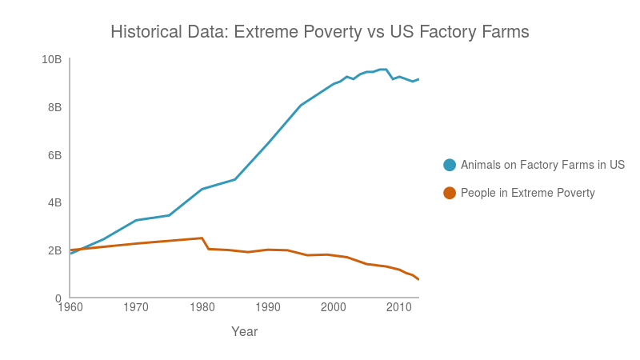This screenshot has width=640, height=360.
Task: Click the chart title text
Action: click(320, 32)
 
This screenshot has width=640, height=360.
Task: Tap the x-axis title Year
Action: click(244, 331)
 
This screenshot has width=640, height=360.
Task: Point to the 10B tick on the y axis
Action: click(52, 59)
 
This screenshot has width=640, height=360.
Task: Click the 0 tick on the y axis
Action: click(58, 298)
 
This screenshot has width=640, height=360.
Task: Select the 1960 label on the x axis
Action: click(70, 306)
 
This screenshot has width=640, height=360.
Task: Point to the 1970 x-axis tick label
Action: click(136, 306)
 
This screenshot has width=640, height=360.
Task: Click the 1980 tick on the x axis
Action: click(202, 306)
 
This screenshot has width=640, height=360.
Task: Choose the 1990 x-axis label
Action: click(268, 306)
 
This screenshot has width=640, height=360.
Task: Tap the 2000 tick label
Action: click(334, 306)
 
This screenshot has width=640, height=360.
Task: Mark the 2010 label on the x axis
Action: click(399, 306)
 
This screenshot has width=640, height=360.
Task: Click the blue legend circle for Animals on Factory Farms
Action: click(450, 165)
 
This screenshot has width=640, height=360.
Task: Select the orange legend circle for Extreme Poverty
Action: click(450, 193)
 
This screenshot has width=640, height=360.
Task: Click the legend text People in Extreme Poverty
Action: click(528, 193)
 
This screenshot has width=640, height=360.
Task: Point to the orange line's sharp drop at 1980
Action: click(205, 243)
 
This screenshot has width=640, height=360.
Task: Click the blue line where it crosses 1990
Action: click(268, 142)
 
